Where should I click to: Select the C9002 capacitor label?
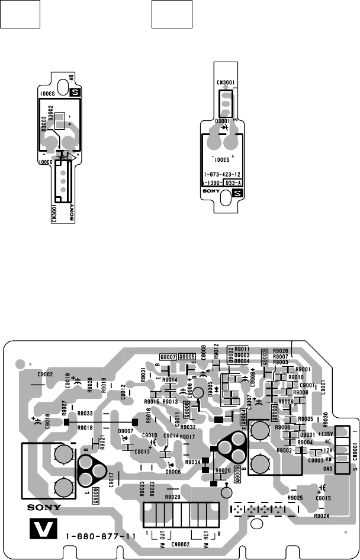click(x=46, y=375)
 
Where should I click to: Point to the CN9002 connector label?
click(x=180, y=543)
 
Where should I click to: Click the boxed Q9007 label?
click(x=169, y=357)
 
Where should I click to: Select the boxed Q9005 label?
click(x=187, y=357)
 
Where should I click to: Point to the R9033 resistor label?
click(x=85, y=413)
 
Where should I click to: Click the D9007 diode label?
click(x=126, y=430)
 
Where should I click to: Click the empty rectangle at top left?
click(x=20, y=14)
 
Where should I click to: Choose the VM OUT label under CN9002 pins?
click(x=161, y=537)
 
